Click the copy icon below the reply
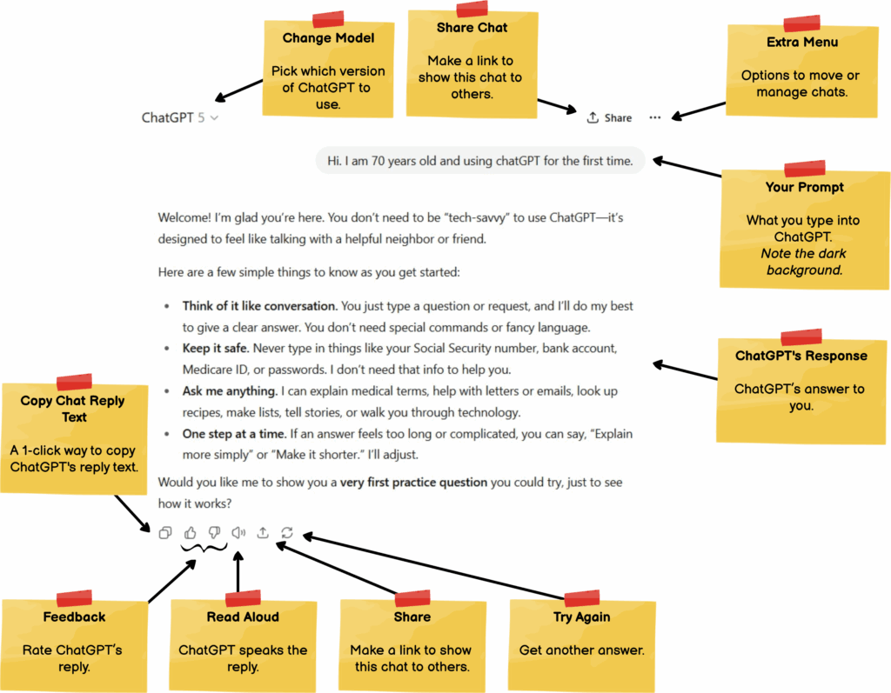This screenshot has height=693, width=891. (x=165, y=533)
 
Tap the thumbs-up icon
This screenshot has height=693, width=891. (x=191, y=533)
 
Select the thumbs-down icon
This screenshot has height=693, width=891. (x=214, y=533)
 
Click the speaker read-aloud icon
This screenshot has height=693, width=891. (x=238, y=533)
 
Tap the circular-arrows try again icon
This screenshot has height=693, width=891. (x=287, y=533)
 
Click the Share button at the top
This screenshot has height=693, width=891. (x=609, y=117)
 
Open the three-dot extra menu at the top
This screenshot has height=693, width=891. (x=654, y=117)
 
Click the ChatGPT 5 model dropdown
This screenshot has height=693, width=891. (x=180, y=117)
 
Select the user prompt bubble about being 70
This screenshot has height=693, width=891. (x=480, y=161)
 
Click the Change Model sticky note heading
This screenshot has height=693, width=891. (x=328, y=38)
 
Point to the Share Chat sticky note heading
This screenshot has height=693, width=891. (x=472, y=28)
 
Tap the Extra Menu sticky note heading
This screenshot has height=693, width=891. (x=802, y=42)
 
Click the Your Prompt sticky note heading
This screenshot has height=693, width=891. (x=804, y=187)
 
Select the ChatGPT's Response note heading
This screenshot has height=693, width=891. (x=801, y=356)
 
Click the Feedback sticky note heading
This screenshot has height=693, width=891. (x=74, y=616)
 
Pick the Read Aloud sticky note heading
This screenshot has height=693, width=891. (x=243, y=616)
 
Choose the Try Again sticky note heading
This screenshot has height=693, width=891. (x=581, y=616)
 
